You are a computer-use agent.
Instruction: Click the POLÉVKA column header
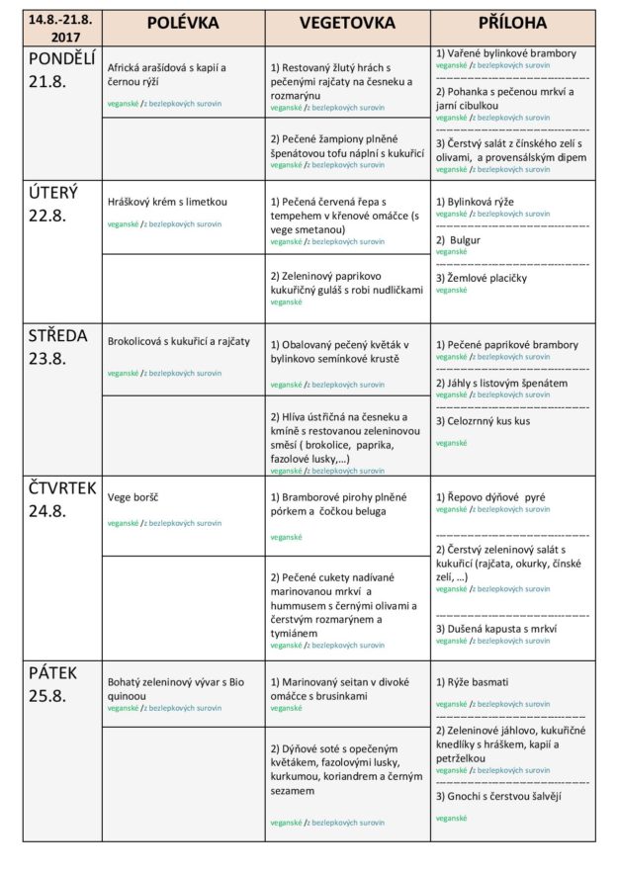pos(183,23)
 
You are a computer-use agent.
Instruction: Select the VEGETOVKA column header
pos(346,23)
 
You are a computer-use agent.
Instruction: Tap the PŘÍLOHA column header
pos(511,23)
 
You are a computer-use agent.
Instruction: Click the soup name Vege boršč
pos(133,496)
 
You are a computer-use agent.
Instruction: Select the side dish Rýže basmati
pos(473,682)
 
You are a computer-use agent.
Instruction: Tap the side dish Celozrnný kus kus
pos(483,420)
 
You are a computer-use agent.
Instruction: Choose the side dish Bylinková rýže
pos(475,201)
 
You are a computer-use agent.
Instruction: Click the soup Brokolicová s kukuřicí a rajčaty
pos(179,341)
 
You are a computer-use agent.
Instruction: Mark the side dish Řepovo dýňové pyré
pos(490,496)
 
